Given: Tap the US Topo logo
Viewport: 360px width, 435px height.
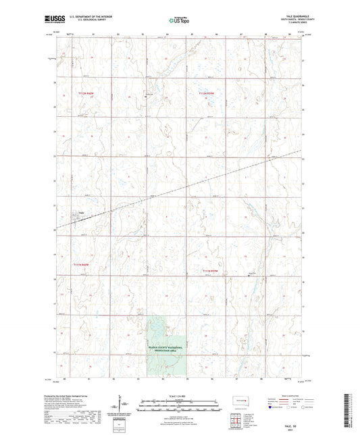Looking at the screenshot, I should pyautogui.click(x=179, y=20).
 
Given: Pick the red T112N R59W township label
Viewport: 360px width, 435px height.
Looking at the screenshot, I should pyautogui.click(x=207, y=93).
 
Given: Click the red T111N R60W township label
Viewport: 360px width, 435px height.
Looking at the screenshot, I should pyautogui.click(x=81, y=265).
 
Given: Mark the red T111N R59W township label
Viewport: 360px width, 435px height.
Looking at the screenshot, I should pyautogui.click(x=211, y=271).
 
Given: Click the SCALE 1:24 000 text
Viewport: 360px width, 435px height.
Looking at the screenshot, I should pyautogui.click(x=180, y=395).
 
